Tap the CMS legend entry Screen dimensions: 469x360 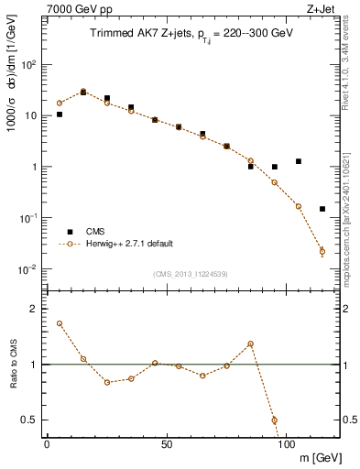coord(95,232)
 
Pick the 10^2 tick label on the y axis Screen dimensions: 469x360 coord(29,65)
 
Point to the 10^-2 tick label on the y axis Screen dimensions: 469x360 coord(29,269)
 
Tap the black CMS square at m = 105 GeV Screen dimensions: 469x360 coord(299,161)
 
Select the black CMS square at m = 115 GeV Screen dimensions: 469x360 coord(322,209)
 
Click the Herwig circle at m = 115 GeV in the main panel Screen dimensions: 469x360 coord(322,251)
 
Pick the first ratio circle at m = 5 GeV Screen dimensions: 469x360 coord(60,323)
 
